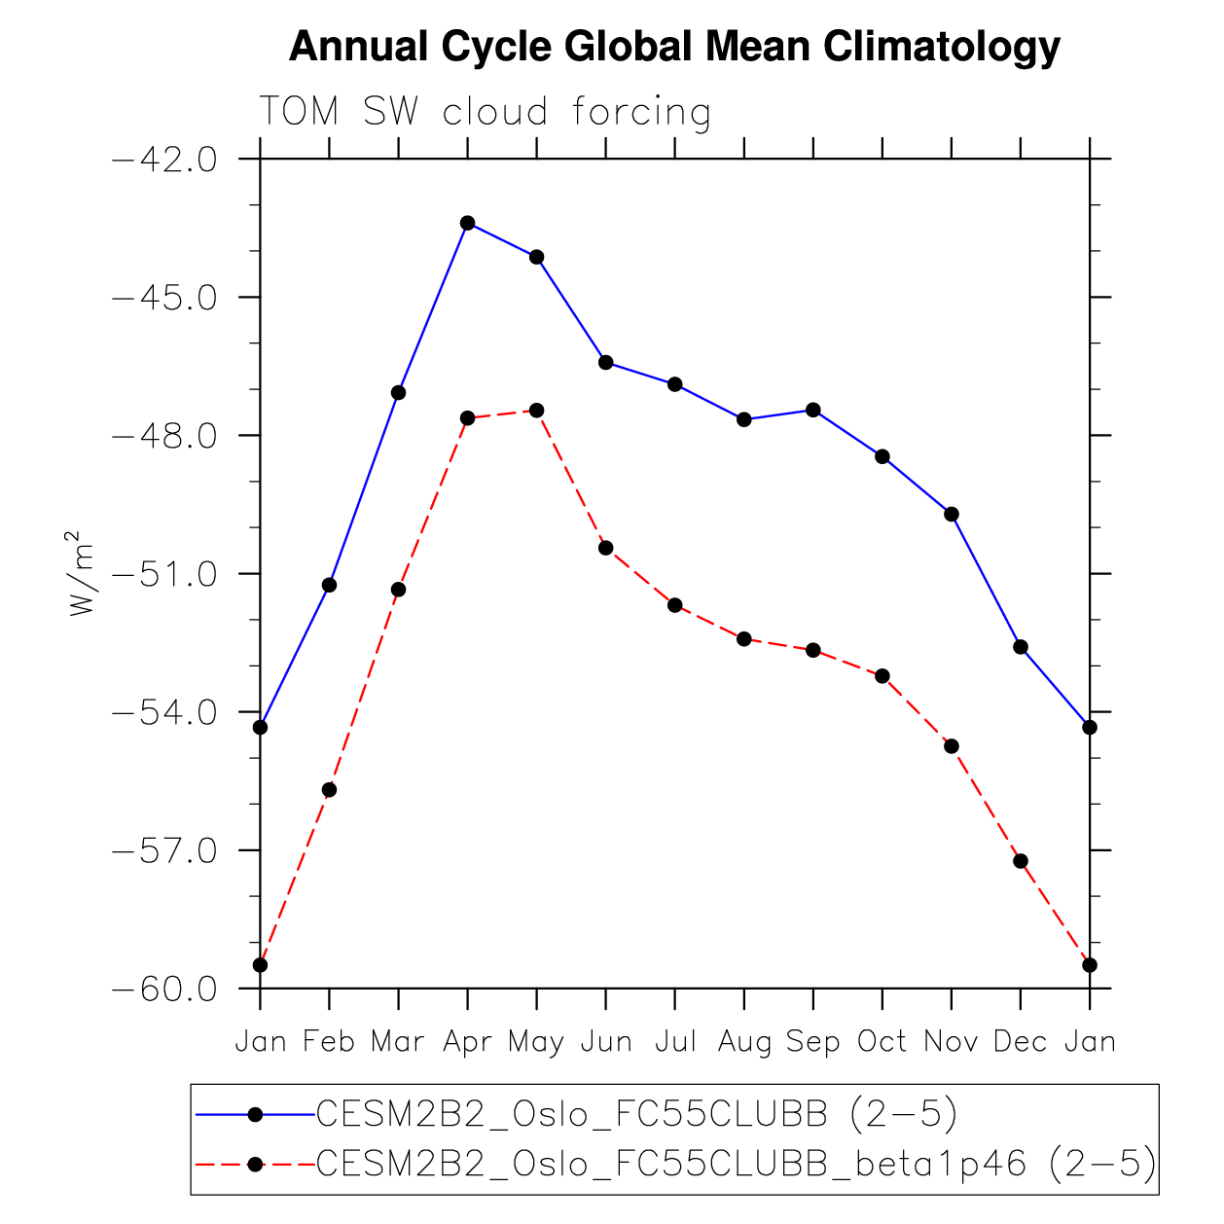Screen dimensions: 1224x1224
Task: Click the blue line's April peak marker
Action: [468, 223]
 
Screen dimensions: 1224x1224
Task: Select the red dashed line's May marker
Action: [537, 411]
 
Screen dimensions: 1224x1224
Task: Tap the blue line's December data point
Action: [1021, 647]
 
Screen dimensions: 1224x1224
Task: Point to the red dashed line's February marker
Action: [330, 790]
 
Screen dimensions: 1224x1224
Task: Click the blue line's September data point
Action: [813, 410]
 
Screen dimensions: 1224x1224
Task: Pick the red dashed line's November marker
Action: [952, 746]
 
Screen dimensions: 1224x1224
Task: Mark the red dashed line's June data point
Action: [606, 548]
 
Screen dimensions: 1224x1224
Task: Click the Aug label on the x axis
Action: [744, 1043]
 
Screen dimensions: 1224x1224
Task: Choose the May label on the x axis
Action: [536, 1043]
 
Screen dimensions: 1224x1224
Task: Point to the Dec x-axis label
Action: [1020, 1042]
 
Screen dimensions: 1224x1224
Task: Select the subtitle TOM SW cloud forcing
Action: [485, 113]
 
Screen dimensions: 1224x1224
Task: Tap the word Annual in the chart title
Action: [358, 47]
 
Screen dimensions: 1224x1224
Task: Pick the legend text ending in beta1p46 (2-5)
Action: [737, 1163]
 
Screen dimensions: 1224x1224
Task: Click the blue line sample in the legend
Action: [255, 1115]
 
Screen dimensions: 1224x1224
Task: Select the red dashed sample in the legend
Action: [255, 1164]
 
